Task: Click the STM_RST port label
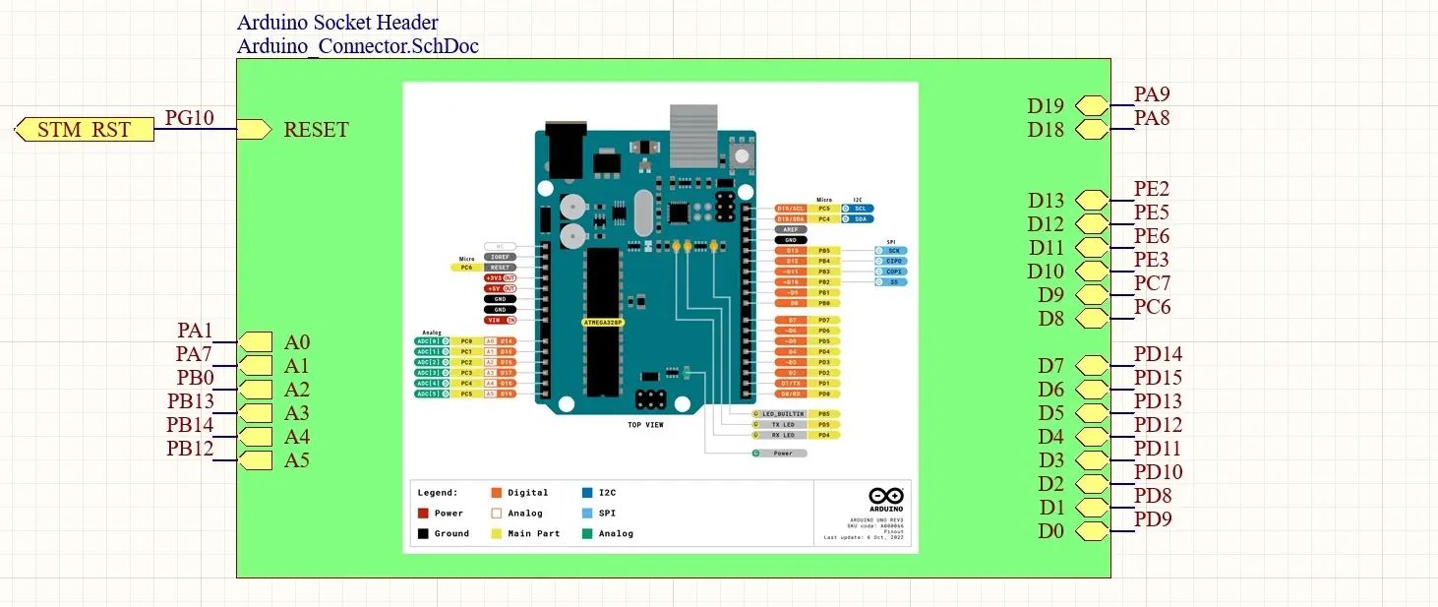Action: click(x=84, y=130)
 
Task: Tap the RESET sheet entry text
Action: click(x=316, y=130)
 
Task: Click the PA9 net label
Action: click(x=1152, y=94)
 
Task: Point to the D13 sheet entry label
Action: click(x=1046, y=201)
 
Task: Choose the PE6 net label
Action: click(x=1152, y=236)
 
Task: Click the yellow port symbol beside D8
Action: click(x=1091, y=319)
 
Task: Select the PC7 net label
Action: click(x=1152, y=283)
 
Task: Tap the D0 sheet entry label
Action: click(x=1050, y=531)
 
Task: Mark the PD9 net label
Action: click(x=1153, y=519)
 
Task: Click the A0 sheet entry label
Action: click(x=297, y=342)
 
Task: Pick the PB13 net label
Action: click(x=190, y=401)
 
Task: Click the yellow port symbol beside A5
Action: click(x=255, y=460)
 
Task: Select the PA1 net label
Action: click(x=195, y=331)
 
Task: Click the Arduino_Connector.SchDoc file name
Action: click(x=358, y=45)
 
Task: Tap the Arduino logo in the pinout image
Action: click(x=885, y=499)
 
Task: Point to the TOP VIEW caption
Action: click(x=645, y=425)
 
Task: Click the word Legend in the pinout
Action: click(x=438, y=492)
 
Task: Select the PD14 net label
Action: click(x=1158, y=354)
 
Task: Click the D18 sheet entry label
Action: click(x=1046, y=130)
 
